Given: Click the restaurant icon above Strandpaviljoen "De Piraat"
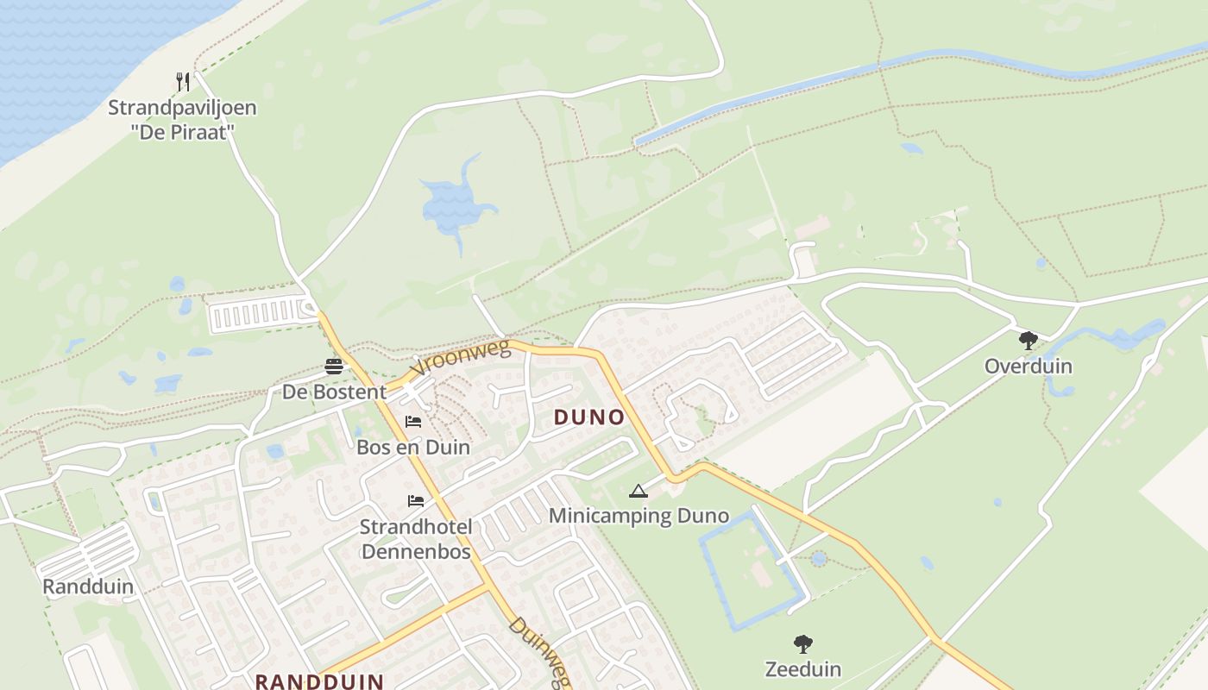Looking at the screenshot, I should click(182, 82).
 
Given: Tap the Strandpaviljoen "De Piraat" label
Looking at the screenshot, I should click(182, 120).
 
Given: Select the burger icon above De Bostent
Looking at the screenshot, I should click(334, 367).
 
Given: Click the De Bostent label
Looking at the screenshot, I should click(335, 392).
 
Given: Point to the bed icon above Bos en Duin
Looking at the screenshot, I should click(413, 422).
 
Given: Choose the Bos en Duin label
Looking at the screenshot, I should click(413, 447).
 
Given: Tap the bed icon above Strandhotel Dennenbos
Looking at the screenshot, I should click(416, 501).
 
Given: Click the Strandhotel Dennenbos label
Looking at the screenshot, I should click(416, 538).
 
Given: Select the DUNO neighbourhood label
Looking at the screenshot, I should click(589, 417).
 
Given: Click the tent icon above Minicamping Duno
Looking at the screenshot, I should click(639, 492).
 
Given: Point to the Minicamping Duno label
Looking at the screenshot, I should click(639, 517).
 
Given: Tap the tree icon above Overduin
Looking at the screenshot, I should click(1028, 341).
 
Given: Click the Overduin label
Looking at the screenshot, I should click(1029, 366).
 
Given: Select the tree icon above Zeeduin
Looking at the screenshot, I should click(803, 643).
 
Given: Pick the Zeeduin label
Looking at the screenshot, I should click(803, 668).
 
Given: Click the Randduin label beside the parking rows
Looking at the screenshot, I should click(88, 587).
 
